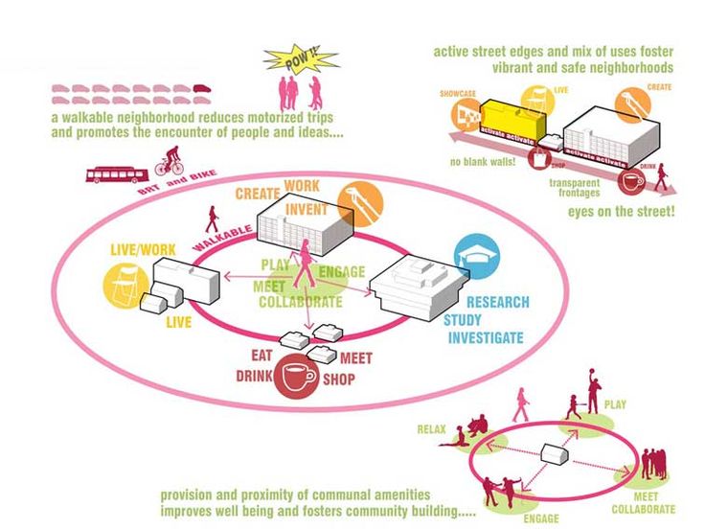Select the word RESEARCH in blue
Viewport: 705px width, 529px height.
click(x=497, y=303)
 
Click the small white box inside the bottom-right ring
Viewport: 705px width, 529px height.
click(x=556, y=452)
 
